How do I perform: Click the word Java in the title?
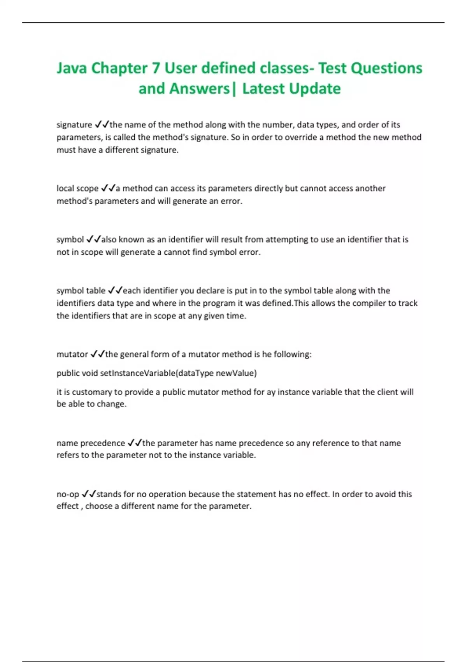point(72,68)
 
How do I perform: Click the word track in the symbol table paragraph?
point(407,303)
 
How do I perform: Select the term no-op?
point(68,494)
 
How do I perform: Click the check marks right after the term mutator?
point(97,354)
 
